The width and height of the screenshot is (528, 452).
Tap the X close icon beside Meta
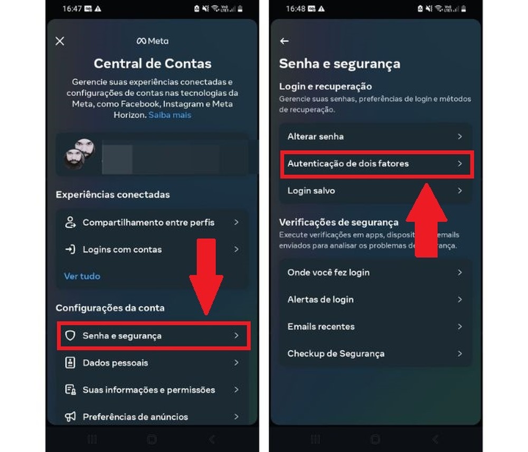pyautogui.click(x=60, y=41)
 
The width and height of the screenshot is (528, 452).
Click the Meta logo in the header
pyautogui.click(x=152, y=41)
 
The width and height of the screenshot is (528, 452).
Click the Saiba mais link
pyautogui.click(x=169, y=115)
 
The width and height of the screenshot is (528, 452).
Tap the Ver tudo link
pyautogui.click(x=82, y=276)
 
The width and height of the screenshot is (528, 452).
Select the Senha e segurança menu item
pyautogui.click(x=153, y=336)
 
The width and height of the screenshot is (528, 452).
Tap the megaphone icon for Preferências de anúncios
pyautogui.click(x=70, y=417)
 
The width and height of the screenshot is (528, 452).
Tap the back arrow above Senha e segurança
pyautogui.click(x=285, y=41)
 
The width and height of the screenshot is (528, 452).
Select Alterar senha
pyautogui.click(x=375, y=136)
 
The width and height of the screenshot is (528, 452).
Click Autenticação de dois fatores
pyautogui.click(x=375, y=164)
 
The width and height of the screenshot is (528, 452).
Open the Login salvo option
pyautogui.click(x=375, y=191)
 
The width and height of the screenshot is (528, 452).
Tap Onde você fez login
pyautogui.click(x=375, y=272)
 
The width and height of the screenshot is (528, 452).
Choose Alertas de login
pyautogui.click(x=375, y=299)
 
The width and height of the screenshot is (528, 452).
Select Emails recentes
pyautogui.click(x=375, y=326)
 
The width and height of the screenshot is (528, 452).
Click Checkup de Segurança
pyautogui.click(x=375, y=353)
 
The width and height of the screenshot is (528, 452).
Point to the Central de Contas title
pyautogui.click(x=153, y=64)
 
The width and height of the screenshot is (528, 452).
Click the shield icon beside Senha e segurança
pyautogui.click(x=70, y=336)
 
